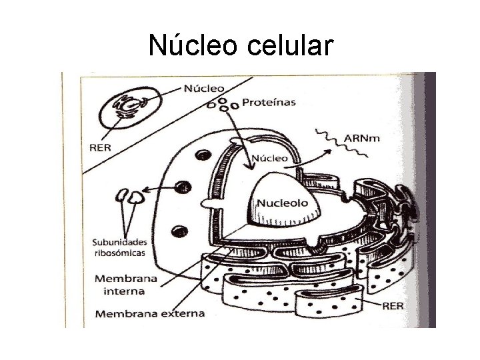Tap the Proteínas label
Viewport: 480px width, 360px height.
point(269,103)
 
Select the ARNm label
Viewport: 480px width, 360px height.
point(364,139)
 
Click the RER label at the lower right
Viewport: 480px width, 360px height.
point(393,307)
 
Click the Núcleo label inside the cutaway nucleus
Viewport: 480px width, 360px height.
point(269,159)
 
